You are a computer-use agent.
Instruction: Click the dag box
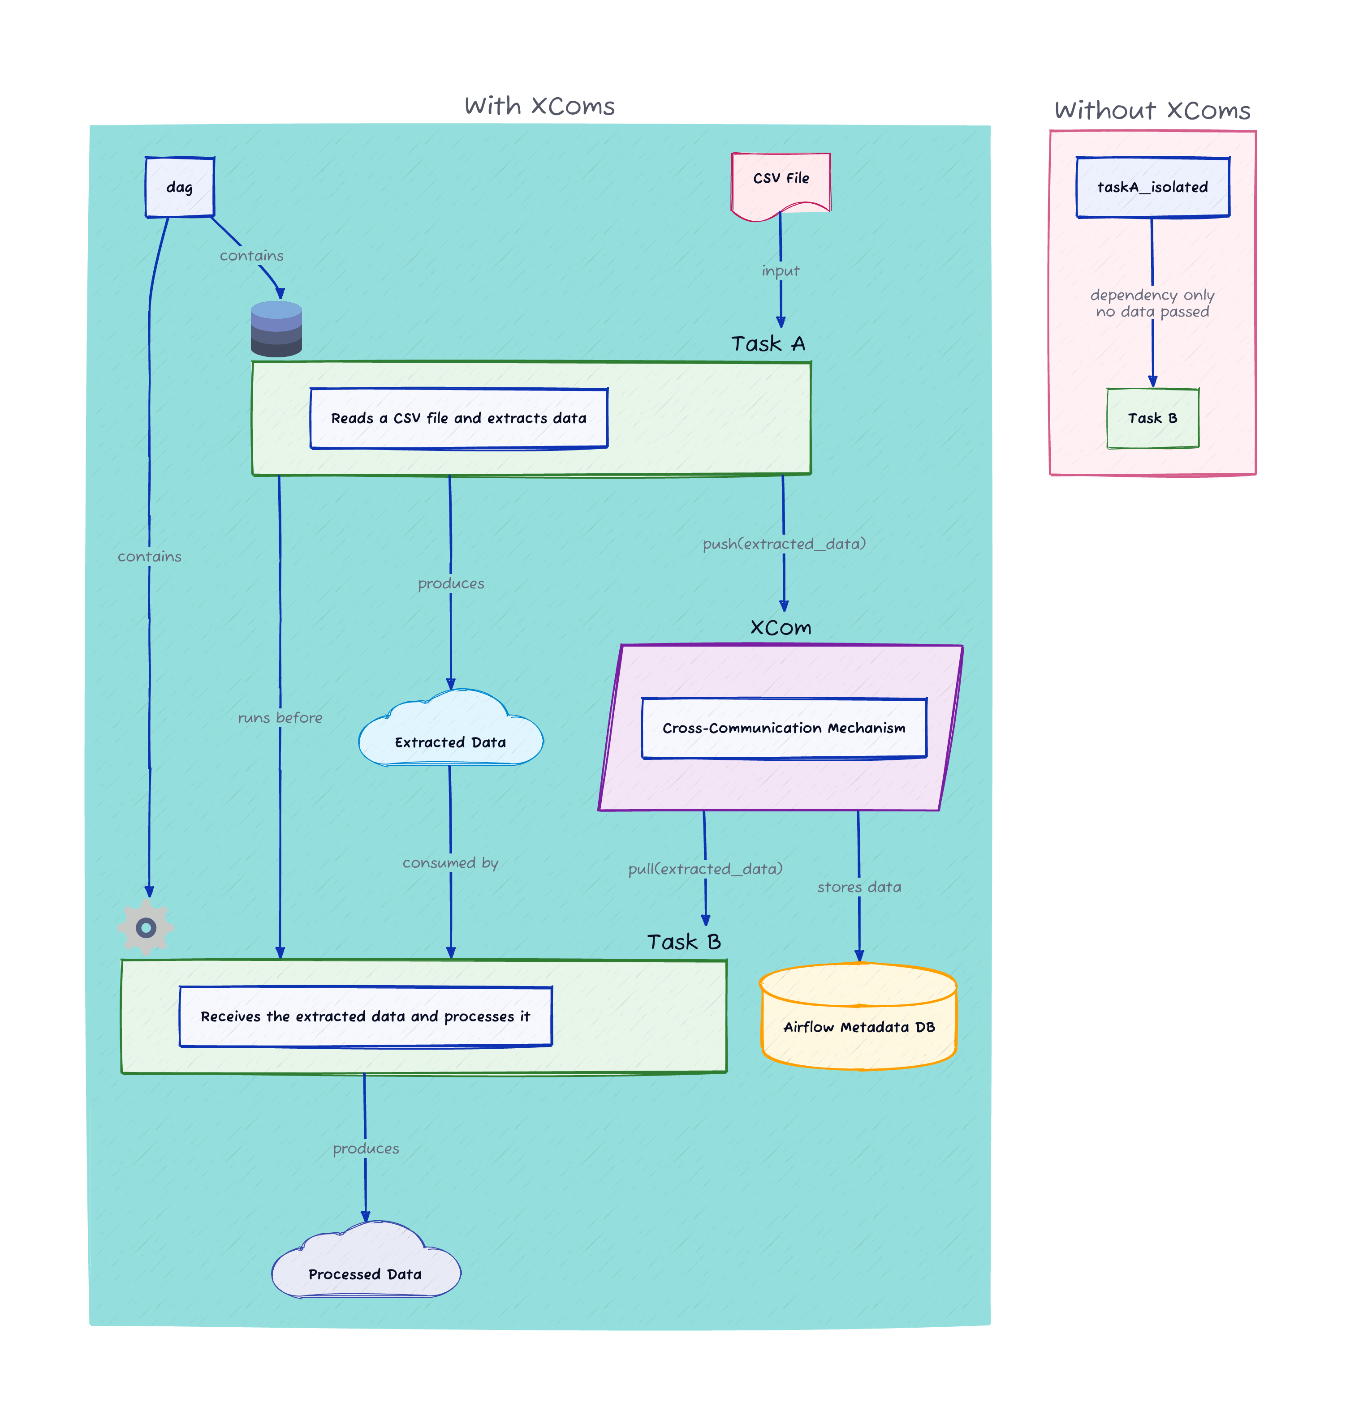[179, 187]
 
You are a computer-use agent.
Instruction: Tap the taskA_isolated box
[1152, 187]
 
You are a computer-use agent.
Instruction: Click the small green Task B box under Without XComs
[1152, 418]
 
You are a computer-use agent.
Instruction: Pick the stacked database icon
[276, 329]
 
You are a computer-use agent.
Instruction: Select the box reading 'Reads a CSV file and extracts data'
[458, 418]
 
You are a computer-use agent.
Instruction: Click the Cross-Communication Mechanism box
[784, 728]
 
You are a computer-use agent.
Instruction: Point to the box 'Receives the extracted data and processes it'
[365, 1016]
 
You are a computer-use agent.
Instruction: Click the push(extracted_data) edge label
[784, 544]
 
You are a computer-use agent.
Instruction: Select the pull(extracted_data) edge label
[705, 869]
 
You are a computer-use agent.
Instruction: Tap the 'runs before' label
[280, 717]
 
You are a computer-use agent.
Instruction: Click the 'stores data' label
[859, 887]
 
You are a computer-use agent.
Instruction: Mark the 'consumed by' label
[451, 863]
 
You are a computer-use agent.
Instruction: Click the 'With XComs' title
[539, 106]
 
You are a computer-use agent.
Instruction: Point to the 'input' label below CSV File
[781, 271]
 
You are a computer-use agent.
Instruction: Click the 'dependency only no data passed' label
[1152, 303]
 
